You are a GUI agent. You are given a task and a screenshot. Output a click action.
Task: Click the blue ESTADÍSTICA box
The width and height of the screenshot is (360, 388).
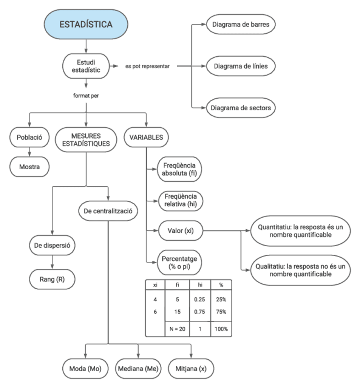(x=86, y=24)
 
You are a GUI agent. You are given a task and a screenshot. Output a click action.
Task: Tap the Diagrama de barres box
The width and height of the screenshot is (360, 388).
(x=241, y=24)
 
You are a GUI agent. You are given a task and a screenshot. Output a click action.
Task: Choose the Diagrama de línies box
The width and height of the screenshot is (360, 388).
(x=241, y=66)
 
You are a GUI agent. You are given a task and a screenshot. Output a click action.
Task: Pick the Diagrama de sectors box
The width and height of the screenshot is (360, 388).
(x=241, y=108)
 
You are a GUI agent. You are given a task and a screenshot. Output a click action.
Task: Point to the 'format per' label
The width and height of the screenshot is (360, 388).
(x=86, y=97)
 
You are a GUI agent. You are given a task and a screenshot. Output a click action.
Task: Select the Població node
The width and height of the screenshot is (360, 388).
(x=29, y=137)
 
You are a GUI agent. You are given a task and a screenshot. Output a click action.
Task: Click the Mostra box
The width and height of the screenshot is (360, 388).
(x=29, y=167)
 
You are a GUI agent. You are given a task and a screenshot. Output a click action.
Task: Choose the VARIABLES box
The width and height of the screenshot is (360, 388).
(x=146, y=137)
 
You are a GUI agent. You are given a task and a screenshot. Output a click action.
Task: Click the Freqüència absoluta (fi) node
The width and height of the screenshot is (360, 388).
(x=180, y=169)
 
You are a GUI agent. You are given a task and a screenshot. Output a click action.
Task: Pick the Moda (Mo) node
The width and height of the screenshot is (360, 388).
(x=85, y=368)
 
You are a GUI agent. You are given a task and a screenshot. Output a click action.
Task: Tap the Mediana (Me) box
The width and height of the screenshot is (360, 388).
(x=138, y=368)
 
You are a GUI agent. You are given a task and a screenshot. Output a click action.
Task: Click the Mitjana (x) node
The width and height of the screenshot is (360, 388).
(x=191, y=368)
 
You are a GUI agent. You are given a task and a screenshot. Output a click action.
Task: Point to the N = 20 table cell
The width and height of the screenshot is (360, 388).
(x=176, y=329)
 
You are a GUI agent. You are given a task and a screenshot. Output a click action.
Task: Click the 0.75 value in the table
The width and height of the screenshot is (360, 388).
(x=198, y=312)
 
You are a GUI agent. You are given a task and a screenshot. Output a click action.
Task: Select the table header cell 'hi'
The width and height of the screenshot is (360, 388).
(x=198, y=285)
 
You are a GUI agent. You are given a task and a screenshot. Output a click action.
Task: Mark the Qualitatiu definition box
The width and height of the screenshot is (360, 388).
(x=297, y=269)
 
